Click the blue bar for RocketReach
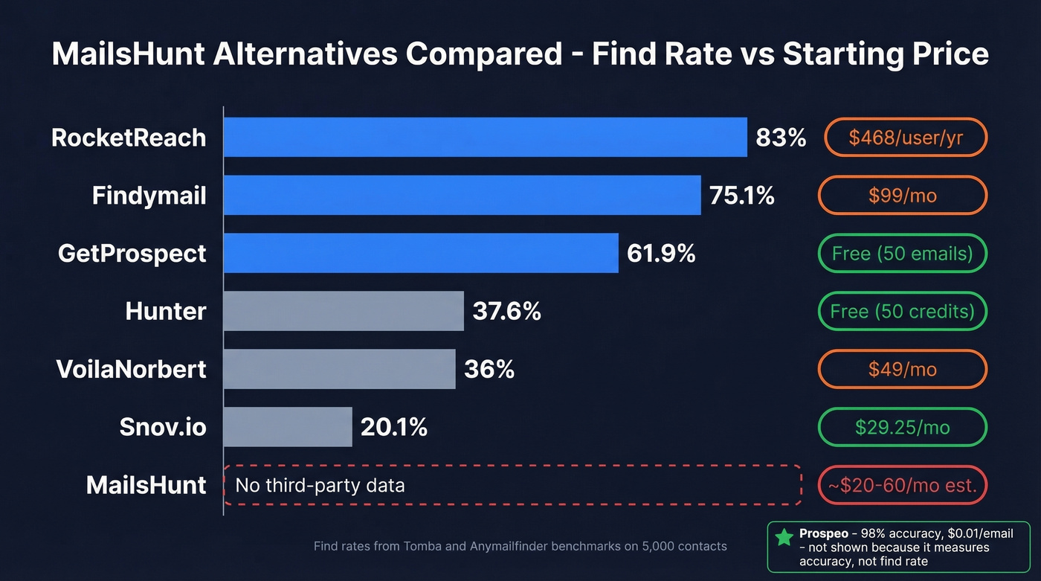485,137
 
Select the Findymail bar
462,195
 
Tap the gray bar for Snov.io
288,427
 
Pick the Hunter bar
344,311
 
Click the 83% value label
781,138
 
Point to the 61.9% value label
661,254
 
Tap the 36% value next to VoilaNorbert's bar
489,370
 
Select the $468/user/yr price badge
905,138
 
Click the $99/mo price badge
902,196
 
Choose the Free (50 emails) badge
902,254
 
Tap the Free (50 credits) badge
902,311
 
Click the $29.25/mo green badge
902,428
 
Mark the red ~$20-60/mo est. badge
902,485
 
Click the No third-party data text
320,486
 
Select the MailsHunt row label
146,485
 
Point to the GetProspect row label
132,254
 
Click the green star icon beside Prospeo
784,538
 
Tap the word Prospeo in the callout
823,533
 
